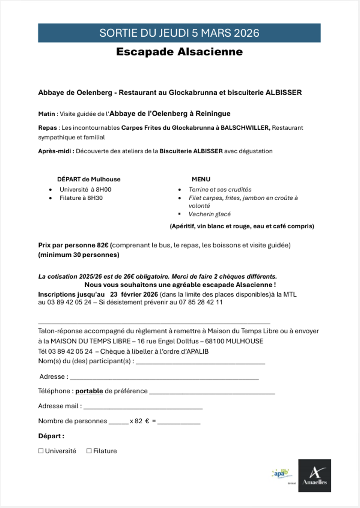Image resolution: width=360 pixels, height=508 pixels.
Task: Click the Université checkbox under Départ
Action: point(41,451)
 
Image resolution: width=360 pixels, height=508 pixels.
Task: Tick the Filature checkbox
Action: point(89,451)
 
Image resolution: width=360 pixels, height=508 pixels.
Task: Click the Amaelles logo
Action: point(314,476)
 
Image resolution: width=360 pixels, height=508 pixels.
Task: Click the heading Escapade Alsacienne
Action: point(179,52)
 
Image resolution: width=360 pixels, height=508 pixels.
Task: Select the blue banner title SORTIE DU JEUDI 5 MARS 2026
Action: point(179,33)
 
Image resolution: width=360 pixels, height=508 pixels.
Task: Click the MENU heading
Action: point(201,179)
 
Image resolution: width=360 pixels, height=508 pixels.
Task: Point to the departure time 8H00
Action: point(103,189)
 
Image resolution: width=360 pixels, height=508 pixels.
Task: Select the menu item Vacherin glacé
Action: point(209,214)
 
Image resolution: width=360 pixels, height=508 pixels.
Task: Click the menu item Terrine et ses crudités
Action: point(220,189)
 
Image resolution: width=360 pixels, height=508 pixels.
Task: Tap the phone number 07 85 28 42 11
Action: point(201,302)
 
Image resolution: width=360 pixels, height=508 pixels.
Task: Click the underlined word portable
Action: point(89,391)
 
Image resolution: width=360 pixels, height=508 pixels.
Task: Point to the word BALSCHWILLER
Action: point(245,128)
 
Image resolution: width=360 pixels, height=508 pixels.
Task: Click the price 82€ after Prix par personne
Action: point(102,245)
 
